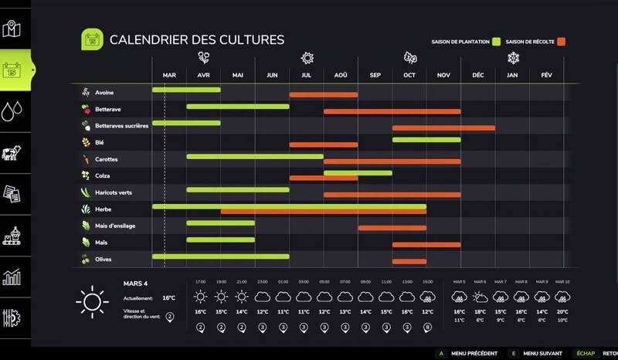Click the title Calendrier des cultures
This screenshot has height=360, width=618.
click(196, 39)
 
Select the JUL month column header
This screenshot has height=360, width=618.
click(306, 75)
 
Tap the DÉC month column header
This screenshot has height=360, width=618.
click(477, 75)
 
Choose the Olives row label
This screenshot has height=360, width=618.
click(104, 260)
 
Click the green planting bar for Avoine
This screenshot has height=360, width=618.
click(186, 90)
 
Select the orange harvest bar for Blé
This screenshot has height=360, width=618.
click(323, 144)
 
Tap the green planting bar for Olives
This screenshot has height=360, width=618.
click(220, 256)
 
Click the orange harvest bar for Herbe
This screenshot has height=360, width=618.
click(323, 211)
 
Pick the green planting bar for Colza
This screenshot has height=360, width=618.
click(357, 173)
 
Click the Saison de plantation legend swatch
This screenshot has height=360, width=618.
click(497, 41)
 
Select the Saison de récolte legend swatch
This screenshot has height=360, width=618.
click(562, 41)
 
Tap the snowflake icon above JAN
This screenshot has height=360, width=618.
click(512, 58)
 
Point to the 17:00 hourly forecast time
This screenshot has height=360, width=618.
click(201, 281)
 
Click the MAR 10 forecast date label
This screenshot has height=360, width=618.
click(562, 281)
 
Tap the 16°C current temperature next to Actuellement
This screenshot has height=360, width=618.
click(169, 297)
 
